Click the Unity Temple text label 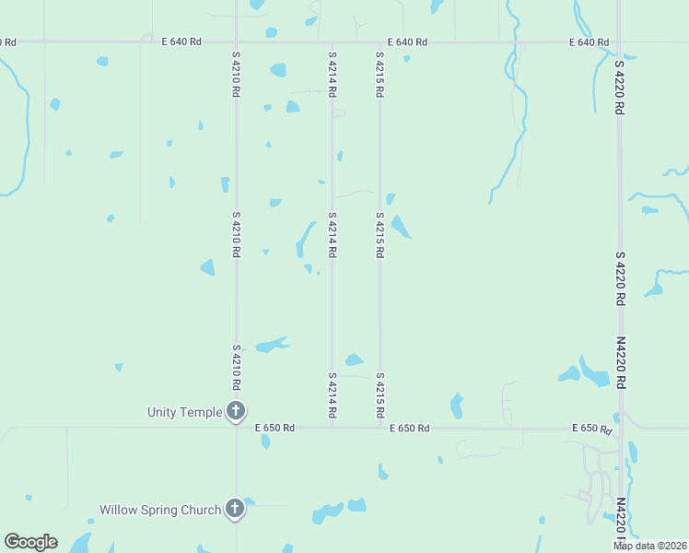click(x=185, y=412)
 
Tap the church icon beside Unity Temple click(x=236, y=411)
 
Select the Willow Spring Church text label click(x=160, y=510)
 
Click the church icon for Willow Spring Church click(x=236, y=509)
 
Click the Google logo click(x=30, y=542)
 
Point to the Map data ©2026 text click(x=649, y=546)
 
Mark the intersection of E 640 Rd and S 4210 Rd click(x=236, y=42)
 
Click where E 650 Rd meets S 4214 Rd click(x=333, y=428)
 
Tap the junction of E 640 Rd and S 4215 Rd click(x=380, y=42)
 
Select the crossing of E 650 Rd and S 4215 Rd click(x=380, y=428)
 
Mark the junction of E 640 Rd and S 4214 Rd click(x=333, y=42)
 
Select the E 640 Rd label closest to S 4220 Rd click(x=589, y=42)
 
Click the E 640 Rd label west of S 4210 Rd click(x=181, y=42)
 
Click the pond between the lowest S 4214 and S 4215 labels click(x=355, y=360)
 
